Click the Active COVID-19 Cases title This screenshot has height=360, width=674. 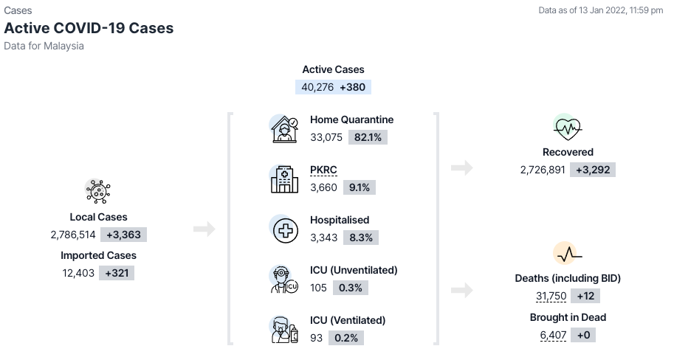(x=89, y=28)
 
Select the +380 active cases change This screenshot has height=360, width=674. (x=352, y=87)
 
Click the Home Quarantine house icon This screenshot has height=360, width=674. (x=284, y=129)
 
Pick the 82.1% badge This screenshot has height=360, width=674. (x=368, y=137)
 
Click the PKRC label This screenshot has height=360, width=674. (x=323, y=170)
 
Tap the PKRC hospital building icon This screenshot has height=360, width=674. (x=284, y=179)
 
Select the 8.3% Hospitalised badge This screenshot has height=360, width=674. (x=361, y=238)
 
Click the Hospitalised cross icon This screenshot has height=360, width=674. (x=285, y=230)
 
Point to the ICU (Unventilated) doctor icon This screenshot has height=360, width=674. (x=284, y=280)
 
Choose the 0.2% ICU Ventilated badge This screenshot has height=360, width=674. (x=346, y=338)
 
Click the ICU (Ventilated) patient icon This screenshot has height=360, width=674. (x=284, y=330)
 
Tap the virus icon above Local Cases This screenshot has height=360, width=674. (x=98, y=191)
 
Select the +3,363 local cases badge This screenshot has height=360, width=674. (x=124, y=235)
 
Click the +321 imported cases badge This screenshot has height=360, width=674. (x=117, y=273)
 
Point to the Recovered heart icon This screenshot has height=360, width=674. (x=568, y=127)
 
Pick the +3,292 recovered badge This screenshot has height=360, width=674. (x=593, y=170)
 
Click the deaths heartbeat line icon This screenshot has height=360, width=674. (x=568, y=254)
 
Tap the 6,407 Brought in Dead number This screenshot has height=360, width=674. (x=553, y=335)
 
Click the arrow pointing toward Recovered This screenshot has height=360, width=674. (x=462, y=167)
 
